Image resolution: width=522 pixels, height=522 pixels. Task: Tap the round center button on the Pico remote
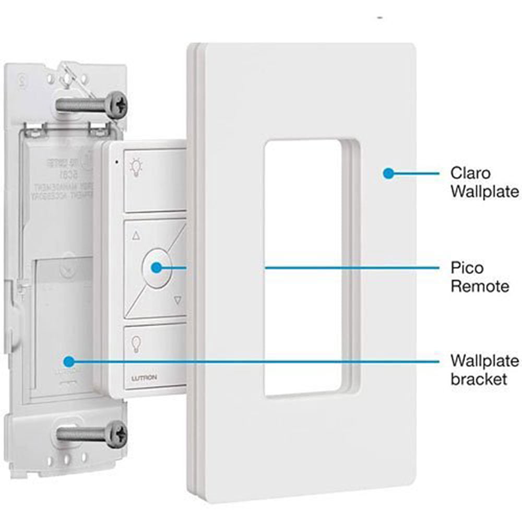(x=157, y=267)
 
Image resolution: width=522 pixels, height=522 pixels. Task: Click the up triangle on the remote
(x=137, y=236)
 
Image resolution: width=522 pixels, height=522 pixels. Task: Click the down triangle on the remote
(x=177, y=300)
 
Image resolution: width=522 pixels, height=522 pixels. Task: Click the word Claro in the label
(x=470, y=173)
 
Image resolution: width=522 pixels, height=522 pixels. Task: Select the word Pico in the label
(x=467, y=268)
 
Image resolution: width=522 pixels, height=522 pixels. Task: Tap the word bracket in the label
(x=478, y=378)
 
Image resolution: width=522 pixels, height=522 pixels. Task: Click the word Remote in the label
(x=480, y=286)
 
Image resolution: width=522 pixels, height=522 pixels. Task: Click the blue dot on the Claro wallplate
(x=387, y=173)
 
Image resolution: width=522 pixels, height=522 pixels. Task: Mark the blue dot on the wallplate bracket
(x=67, y=361)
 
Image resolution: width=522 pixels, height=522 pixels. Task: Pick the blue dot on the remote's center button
(x=157, y=267)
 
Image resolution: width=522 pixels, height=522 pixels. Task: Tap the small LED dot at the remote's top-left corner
(x=117, y=161)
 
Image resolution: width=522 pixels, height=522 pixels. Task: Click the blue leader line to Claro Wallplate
(x=415, y=173)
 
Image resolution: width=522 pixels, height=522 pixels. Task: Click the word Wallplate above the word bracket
(x=484, y=361)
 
